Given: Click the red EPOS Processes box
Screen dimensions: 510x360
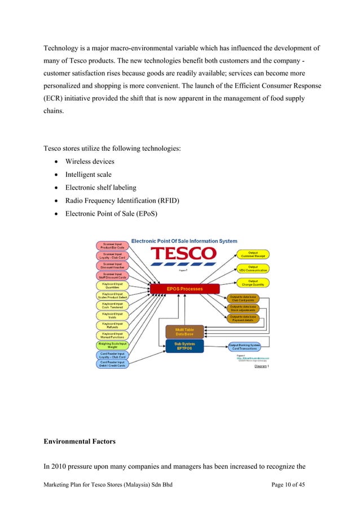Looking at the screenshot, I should tap(184, 290).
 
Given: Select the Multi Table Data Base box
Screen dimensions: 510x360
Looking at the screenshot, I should tap(185, 332).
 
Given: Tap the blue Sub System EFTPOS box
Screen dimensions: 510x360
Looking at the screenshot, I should tap(185, 345).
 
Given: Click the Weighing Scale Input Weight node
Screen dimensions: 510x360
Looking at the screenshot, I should tap(113, 345).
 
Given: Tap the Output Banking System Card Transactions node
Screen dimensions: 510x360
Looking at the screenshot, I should tap(244, 345).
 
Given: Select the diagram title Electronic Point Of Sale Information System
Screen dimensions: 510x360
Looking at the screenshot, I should tap(185, 241).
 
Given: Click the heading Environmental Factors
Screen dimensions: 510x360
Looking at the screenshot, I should tap(80, 442).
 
